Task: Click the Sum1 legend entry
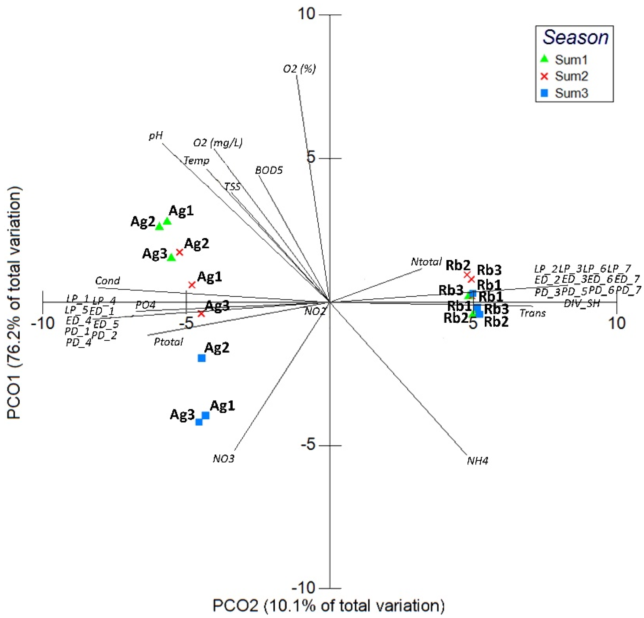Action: coord(571,60)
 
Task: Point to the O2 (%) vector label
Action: coord(299,69)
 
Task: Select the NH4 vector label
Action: coord(477,461)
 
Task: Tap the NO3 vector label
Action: coord(223,459)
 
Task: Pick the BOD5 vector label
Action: coord(269,170)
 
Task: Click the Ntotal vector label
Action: coord(426,262)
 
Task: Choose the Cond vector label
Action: coord(107,281)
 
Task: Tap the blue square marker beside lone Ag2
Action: coord(201,358)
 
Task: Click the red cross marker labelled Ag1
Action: coord(192,285)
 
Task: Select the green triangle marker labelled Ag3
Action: coord(171,257)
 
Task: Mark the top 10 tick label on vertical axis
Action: coord(306,14)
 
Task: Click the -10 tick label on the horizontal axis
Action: coord(43,324)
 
